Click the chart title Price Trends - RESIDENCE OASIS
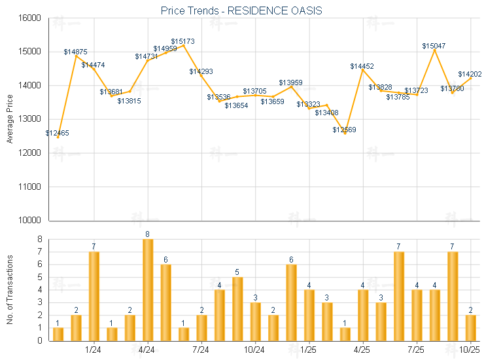coord(241,10)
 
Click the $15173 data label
coord(183,41)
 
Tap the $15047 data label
coord(434,46)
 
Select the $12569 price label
coord(344,130)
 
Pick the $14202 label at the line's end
coord(470,74)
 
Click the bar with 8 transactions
coord(148,290)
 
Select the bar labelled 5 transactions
coord(237,309)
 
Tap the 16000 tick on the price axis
coord(29,18)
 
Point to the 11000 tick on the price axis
coord(29,187)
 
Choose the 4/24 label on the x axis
coord(148,350)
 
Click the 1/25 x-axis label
coord(309,350)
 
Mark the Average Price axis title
coord(9,119)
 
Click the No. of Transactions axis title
coord(9,290)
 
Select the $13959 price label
coord(290,82)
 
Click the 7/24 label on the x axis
coord(201,350)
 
